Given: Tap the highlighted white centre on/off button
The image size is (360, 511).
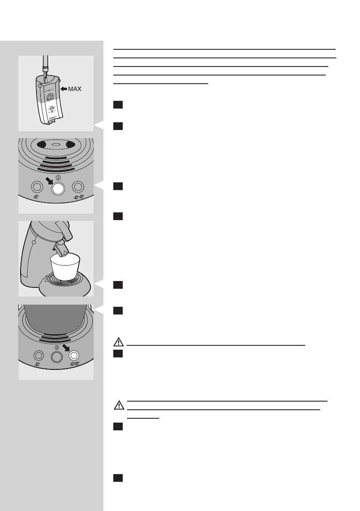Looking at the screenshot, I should (x=57, y=188).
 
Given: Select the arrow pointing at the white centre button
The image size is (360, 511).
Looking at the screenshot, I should (x=47, y=179).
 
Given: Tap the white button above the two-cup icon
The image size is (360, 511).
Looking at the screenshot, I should (x=73, y=355).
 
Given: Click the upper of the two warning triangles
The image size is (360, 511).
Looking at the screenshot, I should (x=118, y=343).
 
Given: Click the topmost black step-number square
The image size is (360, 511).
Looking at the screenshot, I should (x=118, y=104).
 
